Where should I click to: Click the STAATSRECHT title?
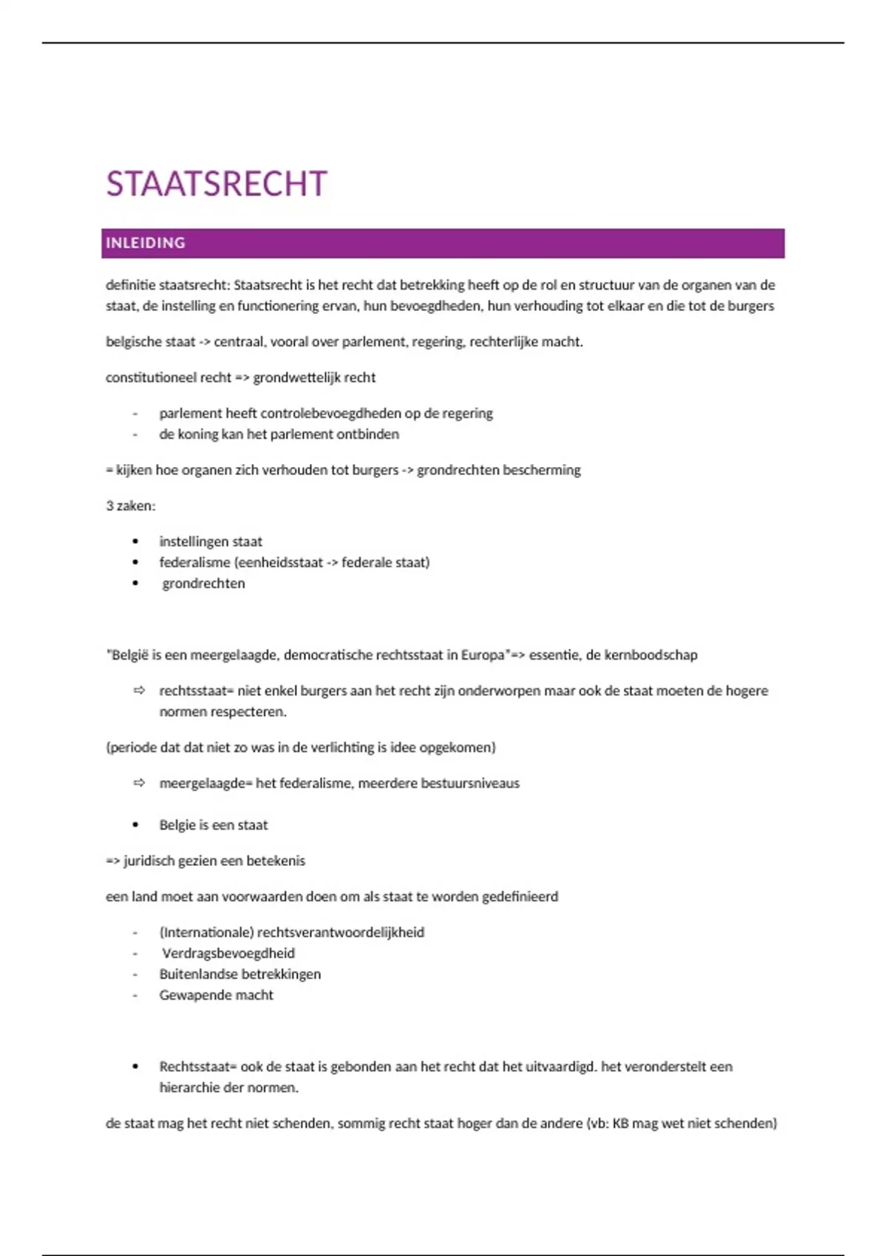coord(216,184)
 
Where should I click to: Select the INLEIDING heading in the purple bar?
coord(146,243)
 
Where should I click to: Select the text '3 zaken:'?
coord(131,506)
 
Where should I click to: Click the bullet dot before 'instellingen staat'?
coord(135,542)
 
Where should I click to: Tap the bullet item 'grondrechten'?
coord(203,584)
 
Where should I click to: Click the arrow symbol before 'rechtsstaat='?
coord(139,691)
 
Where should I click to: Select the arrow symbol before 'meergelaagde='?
coord(139,783)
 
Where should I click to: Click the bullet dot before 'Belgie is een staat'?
coord(135,825)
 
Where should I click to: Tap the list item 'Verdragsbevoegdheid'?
coord(228,953)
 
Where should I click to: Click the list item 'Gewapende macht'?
coord(216,995)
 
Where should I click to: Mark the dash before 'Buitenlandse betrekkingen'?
coord(135,975)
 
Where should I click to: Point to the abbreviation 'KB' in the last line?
coord(620,1124)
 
